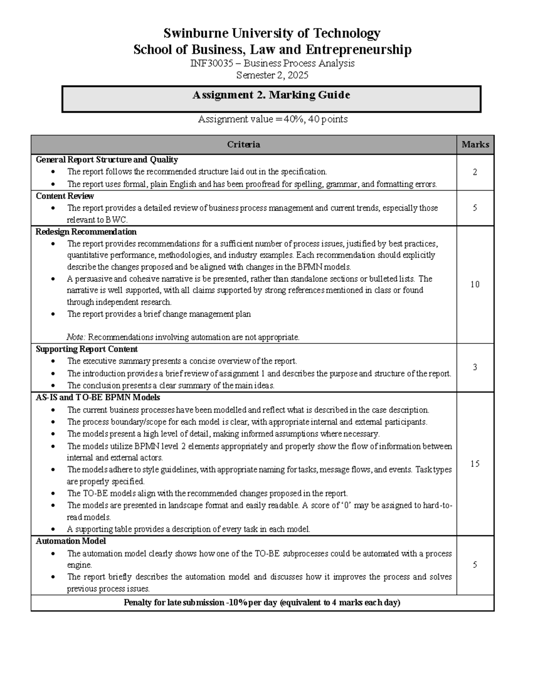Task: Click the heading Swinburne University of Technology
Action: (272, 33)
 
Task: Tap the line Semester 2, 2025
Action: (272, 76)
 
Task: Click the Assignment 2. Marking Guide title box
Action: (271, 99)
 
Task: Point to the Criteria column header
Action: (243, 144)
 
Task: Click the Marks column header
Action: (475, 144)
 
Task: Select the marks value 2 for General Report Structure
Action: (475, 172)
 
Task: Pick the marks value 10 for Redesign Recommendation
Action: (475, 284)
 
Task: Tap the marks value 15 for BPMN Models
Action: (475, 464)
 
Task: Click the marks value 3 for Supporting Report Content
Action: (475, 367)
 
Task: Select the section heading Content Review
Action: (65, 196)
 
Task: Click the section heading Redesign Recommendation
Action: (86, 232)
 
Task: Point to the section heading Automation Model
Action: (71, 541)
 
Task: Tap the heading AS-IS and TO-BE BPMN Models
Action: (98, 397)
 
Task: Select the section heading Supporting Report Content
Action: (87, 349)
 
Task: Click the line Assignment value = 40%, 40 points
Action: (272, 119)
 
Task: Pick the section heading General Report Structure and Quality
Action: (107, 160)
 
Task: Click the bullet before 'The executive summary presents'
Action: (54, 361)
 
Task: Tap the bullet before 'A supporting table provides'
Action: (54, 529)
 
